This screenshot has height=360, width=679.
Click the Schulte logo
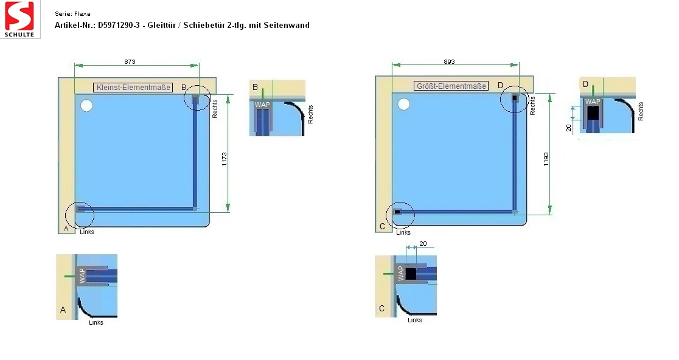(x=20, y=19)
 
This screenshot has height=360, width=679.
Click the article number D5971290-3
(x=119, y=25)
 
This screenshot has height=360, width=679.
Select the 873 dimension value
(x=130, y=61)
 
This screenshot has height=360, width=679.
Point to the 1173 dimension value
(x=225, y=159)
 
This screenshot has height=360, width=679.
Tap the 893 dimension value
(x=449, y=61)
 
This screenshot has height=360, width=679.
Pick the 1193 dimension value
(x=546, y=159)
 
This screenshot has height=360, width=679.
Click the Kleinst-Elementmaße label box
(x=133, y=88)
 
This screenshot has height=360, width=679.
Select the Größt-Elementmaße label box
(x=451, y=86)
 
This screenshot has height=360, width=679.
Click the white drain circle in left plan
(x=86, y=106)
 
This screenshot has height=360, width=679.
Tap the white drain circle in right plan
(x=404, y=104)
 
